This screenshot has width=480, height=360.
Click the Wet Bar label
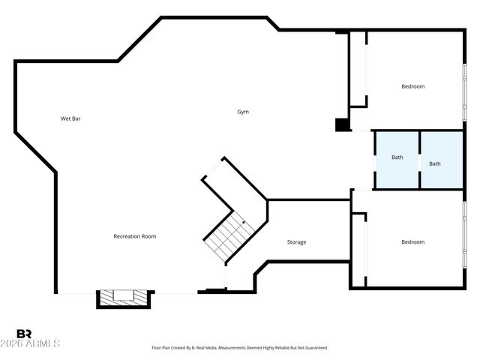[x=70, y=118]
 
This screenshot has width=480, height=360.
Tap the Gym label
[x=243, y=112]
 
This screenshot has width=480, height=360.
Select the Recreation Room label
[x=135, y=236]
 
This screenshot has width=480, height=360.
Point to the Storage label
[x=297, y=242]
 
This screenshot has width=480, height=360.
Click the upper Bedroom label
[x=412, y=86]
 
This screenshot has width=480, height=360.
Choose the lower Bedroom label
[x=412, y=242]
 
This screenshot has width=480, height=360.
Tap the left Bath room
[x=397, y=159]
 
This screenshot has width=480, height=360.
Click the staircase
[x=225, y=234]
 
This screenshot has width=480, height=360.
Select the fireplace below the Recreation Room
[x=124, y=298]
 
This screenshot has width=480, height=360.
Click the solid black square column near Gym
[x=342, y=124]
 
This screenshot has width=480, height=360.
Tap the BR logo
[x=25, y=334]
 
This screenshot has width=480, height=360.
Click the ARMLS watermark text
[x=37, y=343]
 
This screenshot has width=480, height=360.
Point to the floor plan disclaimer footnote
[x=240, y=348]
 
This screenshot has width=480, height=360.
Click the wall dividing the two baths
[x=419, y=160]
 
